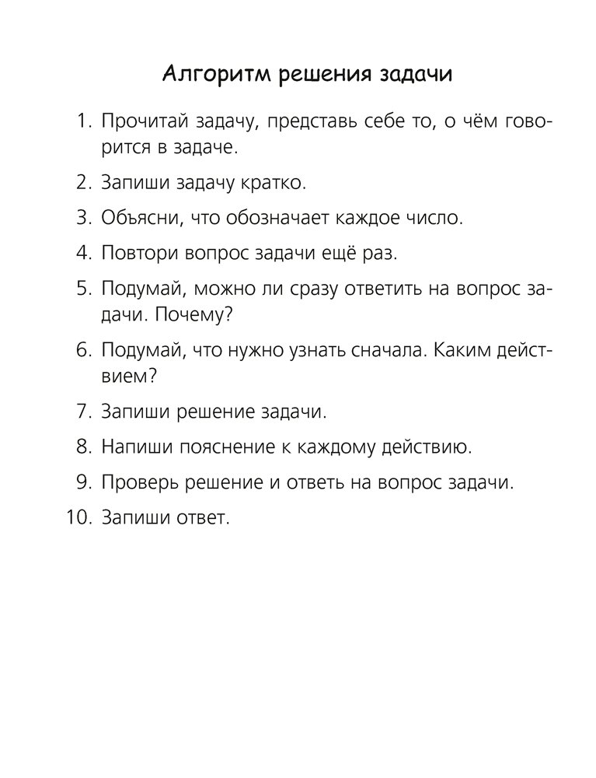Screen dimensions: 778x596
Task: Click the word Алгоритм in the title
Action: click(x=204, y=75)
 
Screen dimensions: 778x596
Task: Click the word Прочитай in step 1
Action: click(x=140, y=122)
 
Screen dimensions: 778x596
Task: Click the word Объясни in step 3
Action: click(x=138, y=218)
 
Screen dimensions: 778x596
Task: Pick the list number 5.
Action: click(x=82, y=289)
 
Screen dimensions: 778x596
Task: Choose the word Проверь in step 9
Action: click(x=138, y=482)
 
